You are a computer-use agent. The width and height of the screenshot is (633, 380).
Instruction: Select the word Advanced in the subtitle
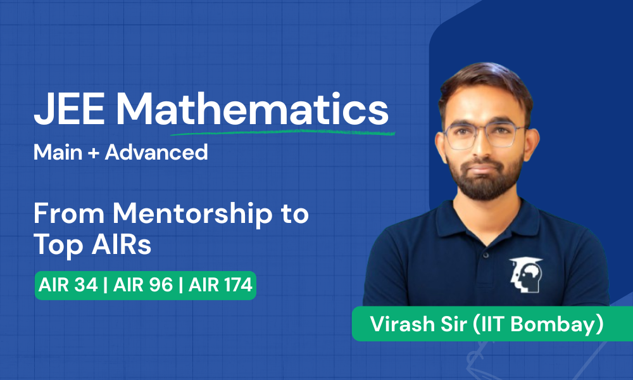(156, 152)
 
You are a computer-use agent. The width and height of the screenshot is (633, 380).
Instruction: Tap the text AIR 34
(68, 285)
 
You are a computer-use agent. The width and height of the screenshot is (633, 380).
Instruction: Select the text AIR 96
(143, 285)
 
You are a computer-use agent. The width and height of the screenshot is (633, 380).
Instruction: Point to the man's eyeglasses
(484, 135)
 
